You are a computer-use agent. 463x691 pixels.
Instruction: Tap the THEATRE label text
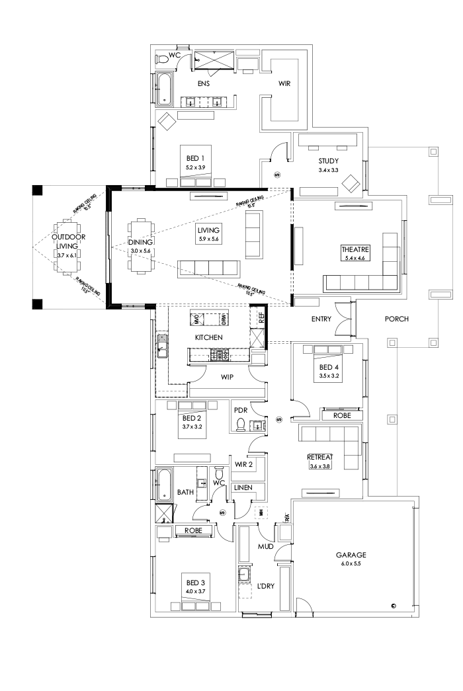[x=355, y=249]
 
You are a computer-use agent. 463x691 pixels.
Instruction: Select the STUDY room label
[x=328, y=161]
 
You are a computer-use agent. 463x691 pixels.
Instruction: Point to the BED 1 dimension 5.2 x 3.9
[x=195, y=167]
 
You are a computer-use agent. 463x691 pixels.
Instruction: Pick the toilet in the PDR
[x=241, y=424]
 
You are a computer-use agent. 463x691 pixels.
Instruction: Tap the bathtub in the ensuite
[x=163, y=89]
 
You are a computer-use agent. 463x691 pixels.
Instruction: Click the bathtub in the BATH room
[x=163, y=485]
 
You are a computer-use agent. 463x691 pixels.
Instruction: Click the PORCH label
[x=397, y=319]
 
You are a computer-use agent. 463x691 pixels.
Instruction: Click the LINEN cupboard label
[x=243, y=487]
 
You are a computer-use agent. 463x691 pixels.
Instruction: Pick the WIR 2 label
[x=244, y=464]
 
